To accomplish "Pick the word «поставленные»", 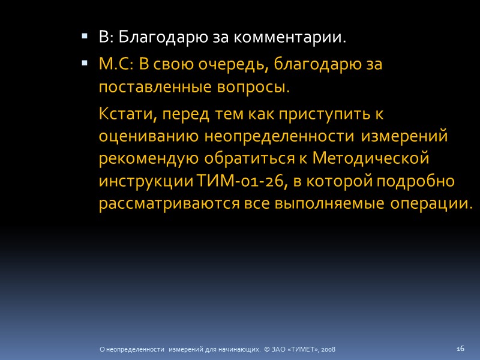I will point(153,87).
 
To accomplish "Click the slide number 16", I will point(461,348).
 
